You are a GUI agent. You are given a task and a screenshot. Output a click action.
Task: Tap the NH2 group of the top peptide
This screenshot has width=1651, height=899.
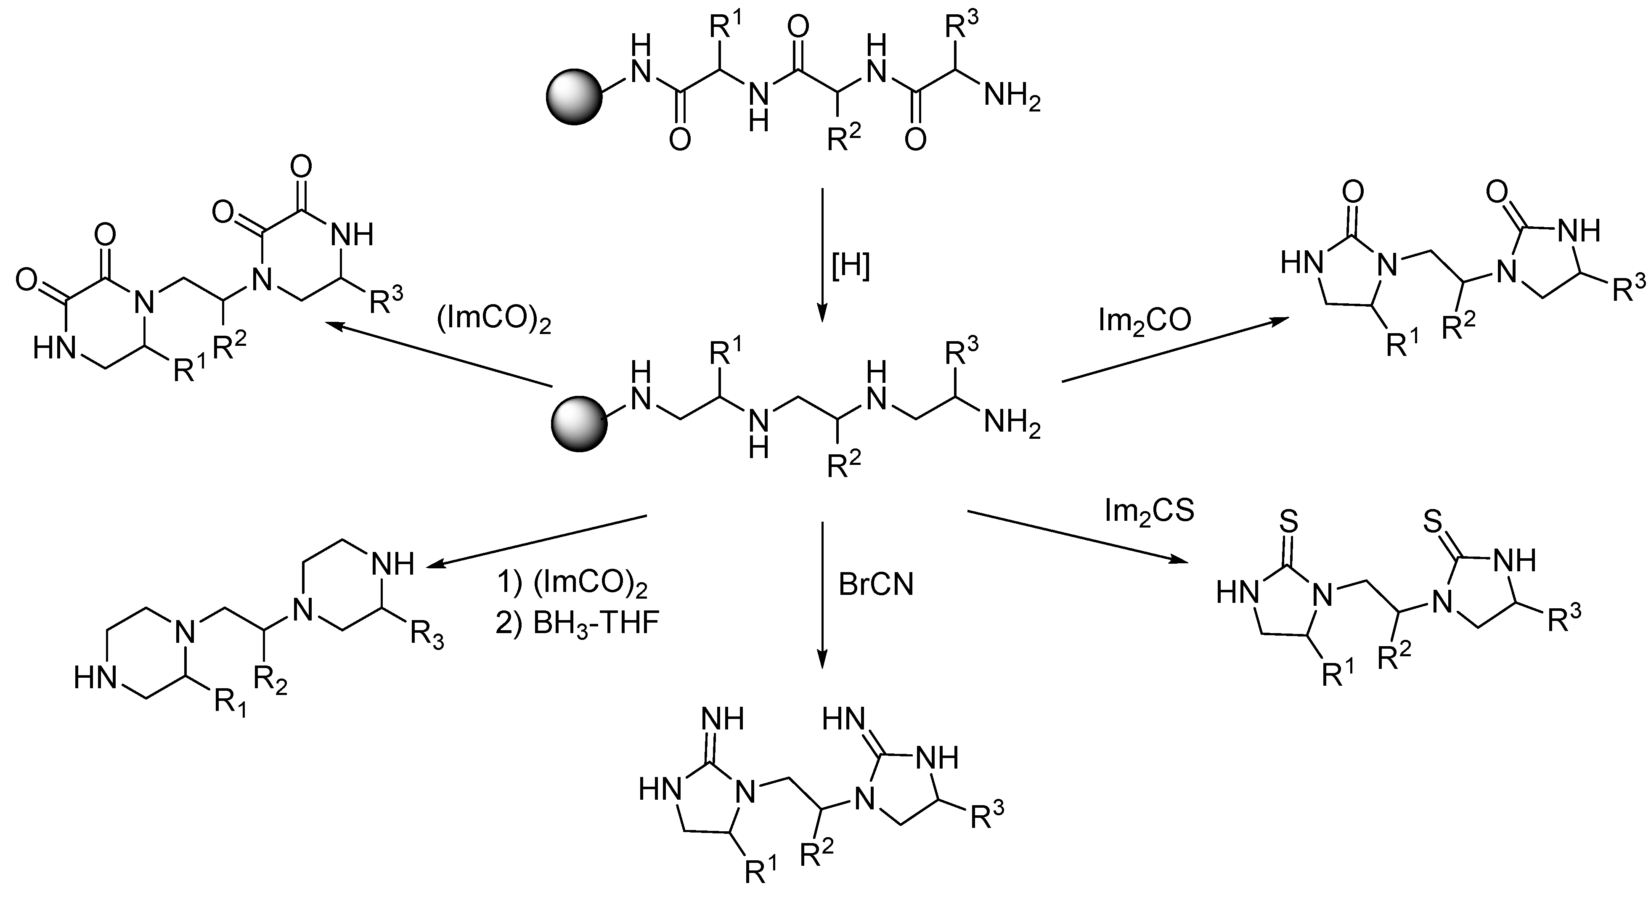coord(1011,98)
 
